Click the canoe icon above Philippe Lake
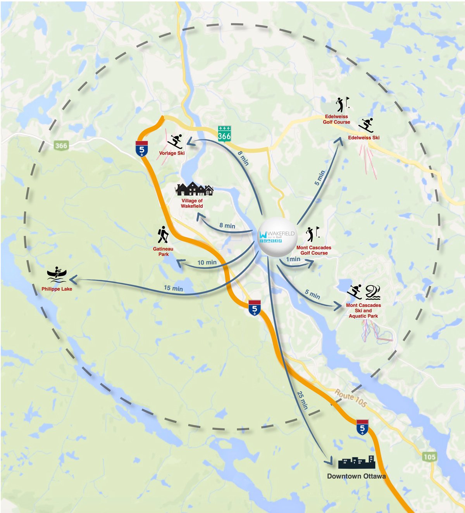click(57, 274)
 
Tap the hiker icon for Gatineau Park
click(163, 235)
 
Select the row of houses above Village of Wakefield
click(194, 189)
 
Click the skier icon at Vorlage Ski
click(175, 141)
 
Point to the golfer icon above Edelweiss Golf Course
click(342, 104)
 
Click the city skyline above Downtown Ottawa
click(356, 462)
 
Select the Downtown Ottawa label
click(356, 476)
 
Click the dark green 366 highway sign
click(224, 134)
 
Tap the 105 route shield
click(429, 457)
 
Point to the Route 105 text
click(351, 399)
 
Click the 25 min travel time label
click(302, 400)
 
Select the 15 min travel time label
click(173, 288)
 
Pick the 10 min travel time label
click(207, 262)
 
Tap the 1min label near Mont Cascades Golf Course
click(293, 259)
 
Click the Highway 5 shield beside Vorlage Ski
click(141, 149)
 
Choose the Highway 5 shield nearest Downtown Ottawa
click(362, 427)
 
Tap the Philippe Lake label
click(57, 289)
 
